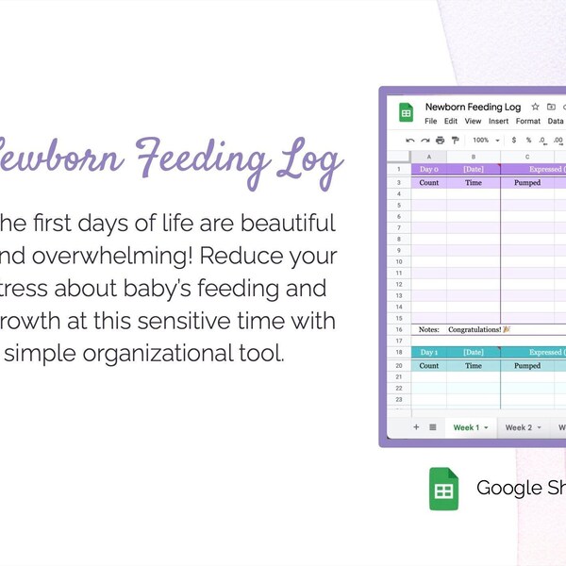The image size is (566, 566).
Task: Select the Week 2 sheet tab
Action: [519, 427]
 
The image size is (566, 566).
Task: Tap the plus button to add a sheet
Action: [415, 427]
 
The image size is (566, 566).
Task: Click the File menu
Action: [430, 122]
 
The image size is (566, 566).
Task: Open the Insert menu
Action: [498, 122]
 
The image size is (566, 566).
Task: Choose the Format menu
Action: [528, 122]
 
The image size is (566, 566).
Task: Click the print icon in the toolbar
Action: [440, 141]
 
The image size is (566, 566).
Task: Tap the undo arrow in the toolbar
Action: [409, 141]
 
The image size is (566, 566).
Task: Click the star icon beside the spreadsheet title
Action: [535, 108]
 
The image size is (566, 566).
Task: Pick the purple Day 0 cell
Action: [429, 169]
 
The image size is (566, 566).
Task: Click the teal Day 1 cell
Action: [429, 352]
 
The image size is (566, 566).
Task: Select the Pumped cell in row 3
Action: [527, 182]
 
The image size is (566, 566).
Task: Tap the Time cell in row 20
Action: [474, 365]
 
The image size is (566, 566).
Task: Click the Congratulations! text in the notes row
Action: [479, 329]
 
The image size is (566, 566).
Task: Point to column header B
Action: [474, 157]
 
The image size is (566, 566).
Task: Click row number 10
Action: [400, 261]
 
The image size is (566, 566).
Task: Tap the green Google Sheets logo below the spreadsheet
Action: [444, 489]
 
